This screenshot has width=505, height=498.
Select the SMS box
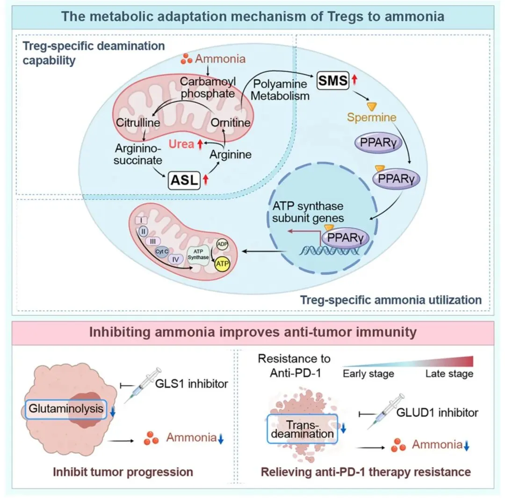point(333,81)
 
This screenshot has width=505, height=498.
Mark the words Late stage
point(449,373)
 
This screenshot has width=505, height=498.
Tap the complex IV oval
point(176,258)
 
